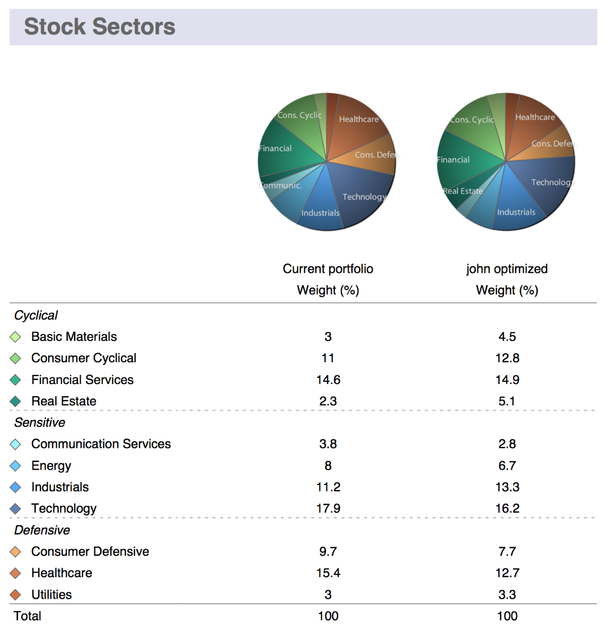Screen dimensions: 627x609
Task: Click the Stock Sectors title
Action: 99,26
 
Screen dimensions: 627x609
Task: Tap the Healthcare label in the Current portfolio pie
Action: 359,119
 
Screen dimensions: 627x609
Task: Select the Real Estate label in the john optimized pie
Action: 462,191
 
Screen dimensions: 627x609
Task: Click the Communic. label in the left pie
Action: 281,185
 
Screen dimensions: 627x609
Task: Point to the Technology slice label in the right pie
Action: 552,182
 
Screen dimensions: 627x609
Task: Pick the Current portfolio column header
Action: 328,269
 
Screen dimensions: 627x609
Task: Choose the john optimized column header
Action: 506,269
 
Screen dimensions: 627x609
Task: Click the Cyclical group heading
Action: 36,315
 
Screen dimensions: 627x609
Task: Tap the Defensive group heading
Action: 42,530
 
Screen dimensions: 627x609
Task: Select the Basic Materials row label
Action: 74,337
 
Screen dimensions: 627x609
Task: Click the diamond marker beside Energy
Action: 16,466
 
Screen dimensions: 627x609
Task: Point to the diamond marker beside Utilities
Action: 16,595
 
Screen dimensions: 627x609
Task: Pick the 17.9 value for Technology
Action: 328,508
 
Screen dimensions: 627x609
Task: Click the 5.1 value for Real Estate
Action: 506,401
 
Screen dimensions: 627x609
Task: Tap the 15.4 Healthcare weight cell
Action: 328,573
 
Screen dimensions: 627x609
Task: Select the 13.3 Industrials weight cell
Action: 506,487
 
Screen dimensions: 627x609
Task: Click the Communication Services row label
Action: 101,444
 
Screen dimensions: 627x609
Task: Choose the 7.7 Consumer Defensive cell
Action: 506,551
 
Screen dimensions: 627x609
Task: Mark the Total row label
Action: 27,616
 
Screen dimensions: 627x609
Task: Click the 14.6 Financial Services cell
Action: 328,380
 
